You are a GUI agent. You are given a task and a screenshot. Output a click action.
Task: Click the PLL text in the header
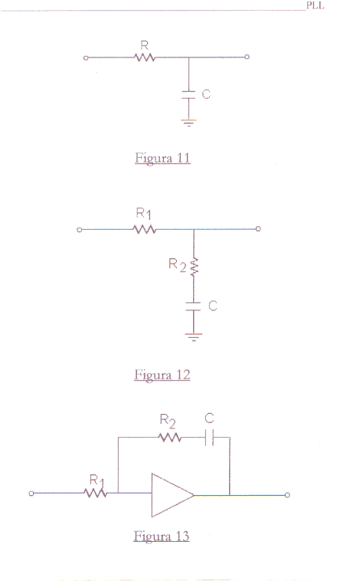[315, 5]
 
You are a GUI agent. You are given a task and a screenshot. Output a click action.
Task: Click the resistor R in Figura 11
[145, 57]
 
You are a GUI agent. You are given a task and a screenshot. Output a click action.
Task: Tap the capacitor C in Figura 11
[188, 95]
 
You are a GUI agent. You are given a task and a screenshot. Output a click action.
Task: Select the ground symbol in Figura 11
[189, 123]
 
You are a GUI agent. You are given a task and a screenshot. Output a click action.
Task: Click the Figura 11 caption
[162, 158]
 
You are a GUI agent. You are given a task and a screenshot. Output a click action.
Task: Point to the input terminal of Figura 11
[86, 57]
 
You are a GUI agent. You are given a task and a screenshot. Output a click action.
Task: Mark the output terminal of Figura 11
[247, 57]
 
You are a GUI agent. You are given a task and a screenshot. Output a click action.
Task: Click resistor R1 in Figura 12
[145, 230]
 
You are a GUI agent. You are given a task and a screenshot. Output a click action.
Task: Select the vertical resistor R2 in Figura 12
[194, 267]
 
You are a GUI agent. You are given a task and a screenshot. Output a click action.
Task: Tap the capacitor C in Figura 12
[193, 307]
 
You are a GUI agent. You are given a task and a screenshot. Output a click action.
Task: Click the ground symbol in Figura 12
[194, 337]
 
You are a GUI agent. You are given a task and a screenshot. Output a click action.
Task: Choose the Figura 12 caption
[162, 375]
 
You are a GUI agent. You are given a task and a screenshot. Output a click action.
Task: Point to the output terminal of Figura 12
[258, 228]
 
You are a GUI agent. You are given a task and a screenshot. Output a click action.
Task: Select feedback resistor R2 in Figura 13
[170, 438]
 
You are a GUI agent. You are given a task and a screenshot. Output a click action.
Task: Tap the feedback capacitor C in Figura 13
[210, 438]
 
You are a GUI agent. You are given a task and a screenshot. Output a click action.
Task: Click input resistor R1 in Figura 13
[95, 493]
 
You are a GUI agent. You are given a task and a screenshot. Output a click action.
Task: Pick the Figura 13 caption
[162, 537]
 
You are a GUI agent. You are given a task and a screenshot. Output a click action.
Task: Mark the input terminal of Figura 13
[31, 493]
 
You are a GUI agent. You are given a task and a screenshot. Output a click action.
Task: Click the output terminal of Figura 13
[287, 494]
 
